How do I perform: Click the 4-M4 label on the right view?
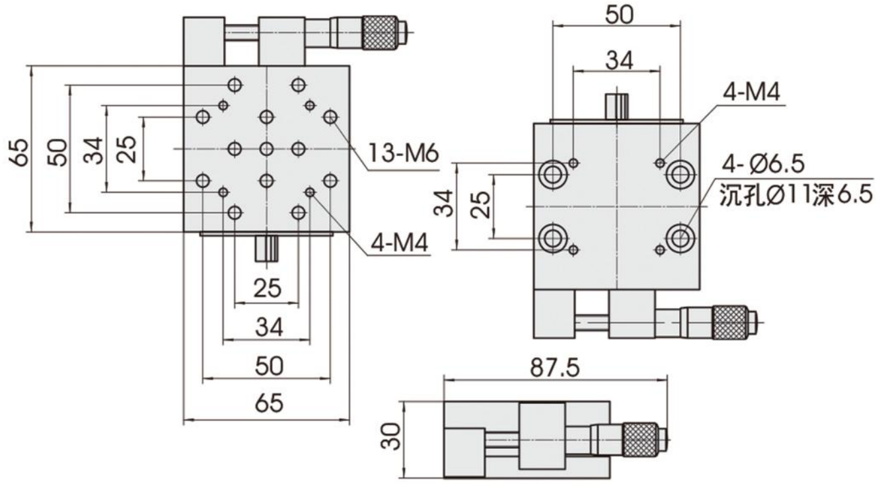(751, 93)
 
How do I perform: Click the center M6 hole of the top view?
(266, 148)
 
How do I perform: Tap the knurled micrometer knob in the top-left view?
(383, 30)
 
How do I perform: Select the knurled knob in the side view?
(641, 438)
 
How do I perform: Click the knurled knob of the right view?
(732, 323)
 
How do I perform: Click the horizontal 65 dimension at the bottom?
(268, 402)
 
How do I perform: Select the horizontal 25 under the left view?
(267, 288)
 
